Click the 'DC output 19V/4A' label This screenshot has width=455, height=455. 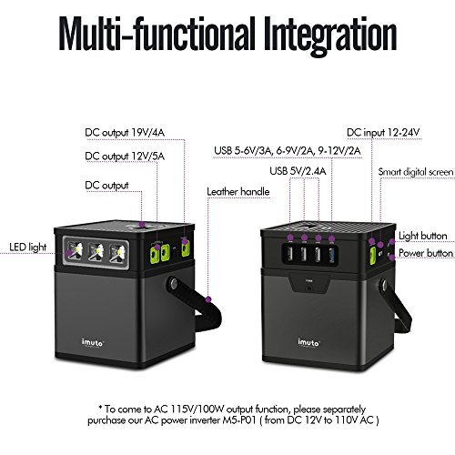(125, 133)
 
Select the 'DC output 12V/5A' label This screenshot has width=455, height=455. (125, 157)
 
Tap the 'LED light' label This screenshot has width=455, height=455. (28, 248)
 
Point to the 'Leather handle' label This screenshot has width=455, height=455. (238, 192)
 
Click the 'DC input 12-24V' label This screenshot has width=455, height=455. (383, 133)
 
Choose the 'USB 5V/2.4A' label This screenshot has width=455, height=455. (298, 171)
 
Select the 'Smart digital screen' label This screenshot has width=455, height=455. (416, 172)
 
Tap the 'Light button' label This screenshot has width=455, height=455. (423, 236)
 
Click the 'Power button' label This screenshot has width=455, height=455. (426, 253)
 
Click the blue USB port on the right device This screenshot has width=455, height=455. (331, 255)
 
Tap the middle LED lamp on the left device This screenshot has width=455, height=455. (96, 252)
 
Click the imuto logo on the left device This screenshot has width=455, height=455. (93, 343)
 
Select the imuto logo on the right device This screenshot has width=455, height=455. (308, 343)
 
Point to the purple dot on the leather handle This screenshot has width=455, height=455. (208, 299)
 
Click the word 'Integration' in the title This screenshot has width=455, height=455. (330, 34)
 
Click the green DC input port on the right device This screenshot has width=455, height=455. (372, 255)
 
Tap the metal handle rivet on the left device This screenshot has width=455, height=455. (174, 284)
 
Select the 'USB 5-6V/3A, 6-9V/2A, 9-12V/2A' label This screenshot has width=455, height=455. (288, 151)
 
